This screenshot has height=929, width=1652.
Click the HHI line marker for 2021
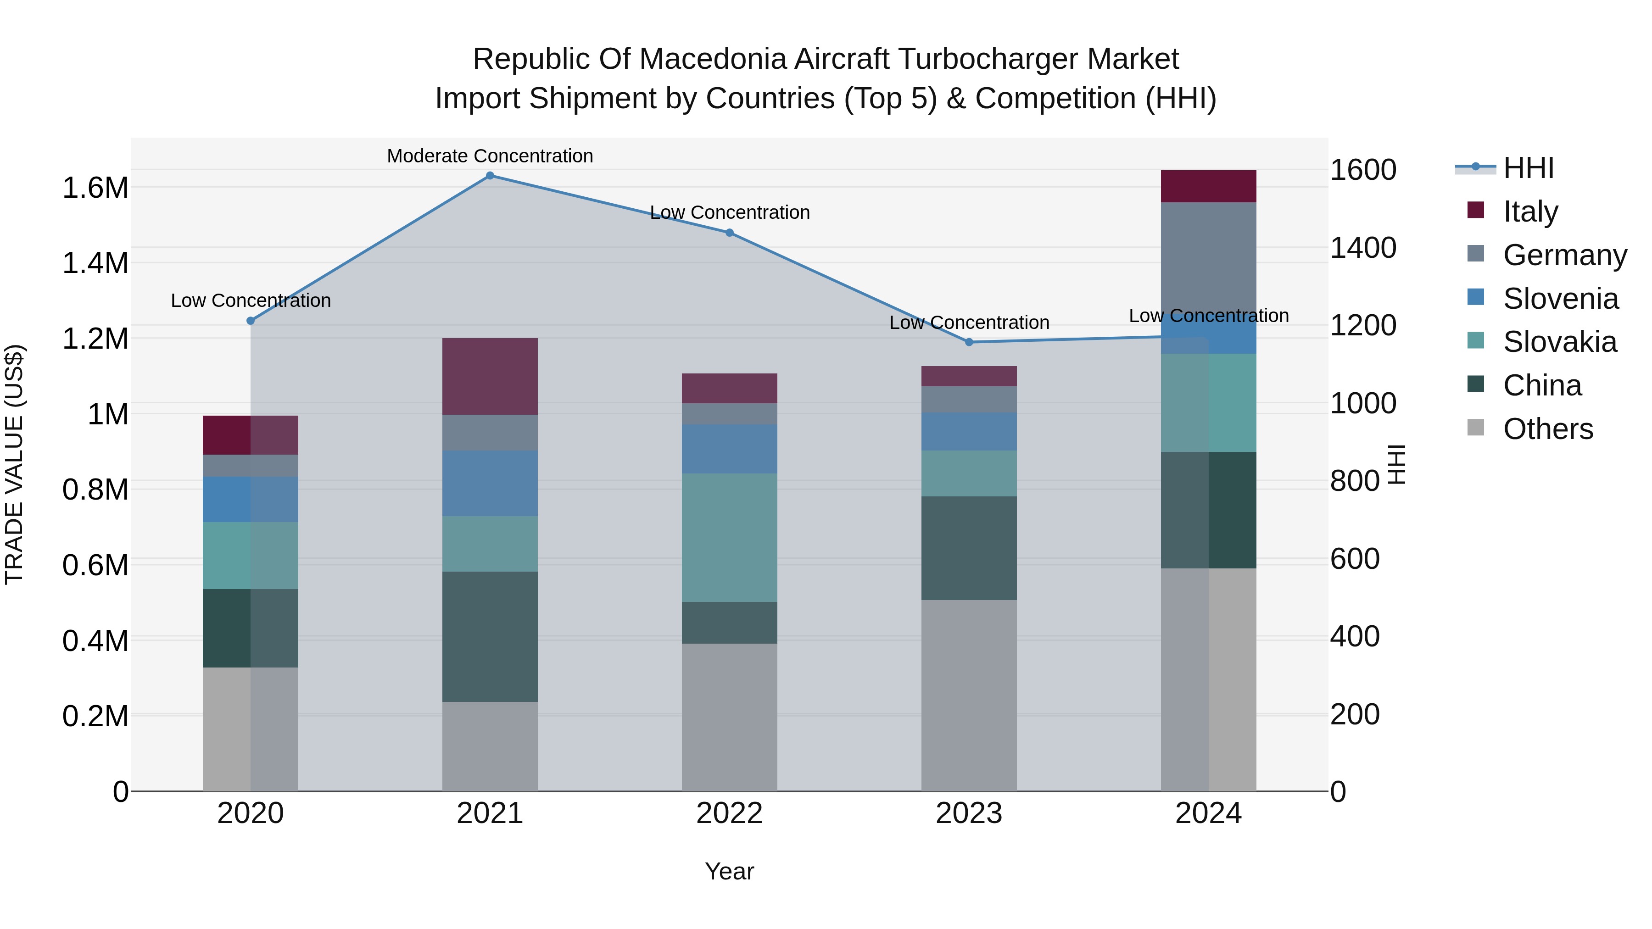490,176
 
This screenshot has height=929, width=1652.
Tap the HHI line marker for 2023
969,342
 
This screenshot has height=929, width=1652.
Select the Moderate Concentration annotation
490,156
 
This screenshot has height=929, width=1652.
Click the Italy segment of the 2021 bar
490,376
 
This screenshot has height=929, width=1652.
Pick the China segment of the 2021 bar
490,637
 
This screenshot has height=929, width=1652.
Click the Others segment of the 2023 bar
969,695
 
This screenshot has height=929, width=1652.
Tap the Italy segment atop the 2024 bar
1208,187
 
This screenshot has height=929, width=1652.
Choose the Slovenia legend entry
1560,299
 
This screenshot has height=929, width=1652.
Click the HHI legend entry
1528,168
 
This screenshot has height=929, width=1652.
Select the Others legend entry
1547,429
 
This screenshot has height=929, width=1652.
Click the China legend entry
1542,386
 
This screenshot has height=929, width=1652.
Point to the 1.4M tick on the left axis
95,263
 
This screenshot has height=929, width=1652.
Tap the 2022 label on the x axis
729,813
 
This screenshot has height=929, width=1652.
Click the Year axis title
729,871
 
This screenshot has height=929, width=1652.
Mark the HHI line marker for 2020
251,321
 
